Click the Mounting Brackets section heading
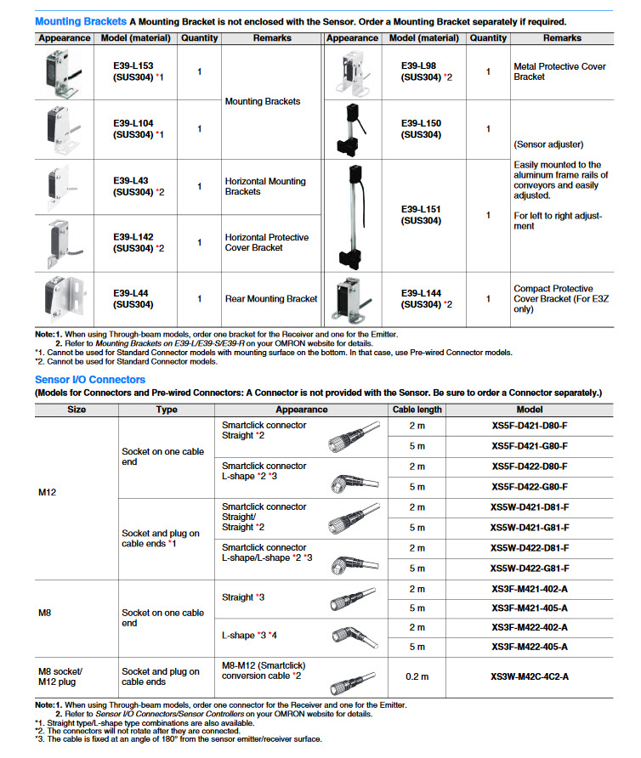coord(81,21)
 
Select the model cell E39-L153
coord(133,71)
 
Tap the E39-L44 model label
coord(133,298)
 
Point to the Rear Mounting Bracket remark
coord(271,299)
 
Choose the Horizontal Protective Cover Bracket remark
coord(267,242)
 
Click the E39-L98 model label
coord(419,71)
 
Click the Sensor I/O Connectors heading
coord(90,379)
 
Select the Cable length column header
coord(417,409)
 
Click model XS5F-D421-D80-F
coord(530,425)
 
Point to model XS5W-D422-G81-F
coord(530,568)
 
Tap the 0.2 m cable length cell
coord(417,676)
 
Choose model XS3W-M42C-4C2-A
coord(530,676)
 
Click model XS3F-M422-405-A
coord(530,647)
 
